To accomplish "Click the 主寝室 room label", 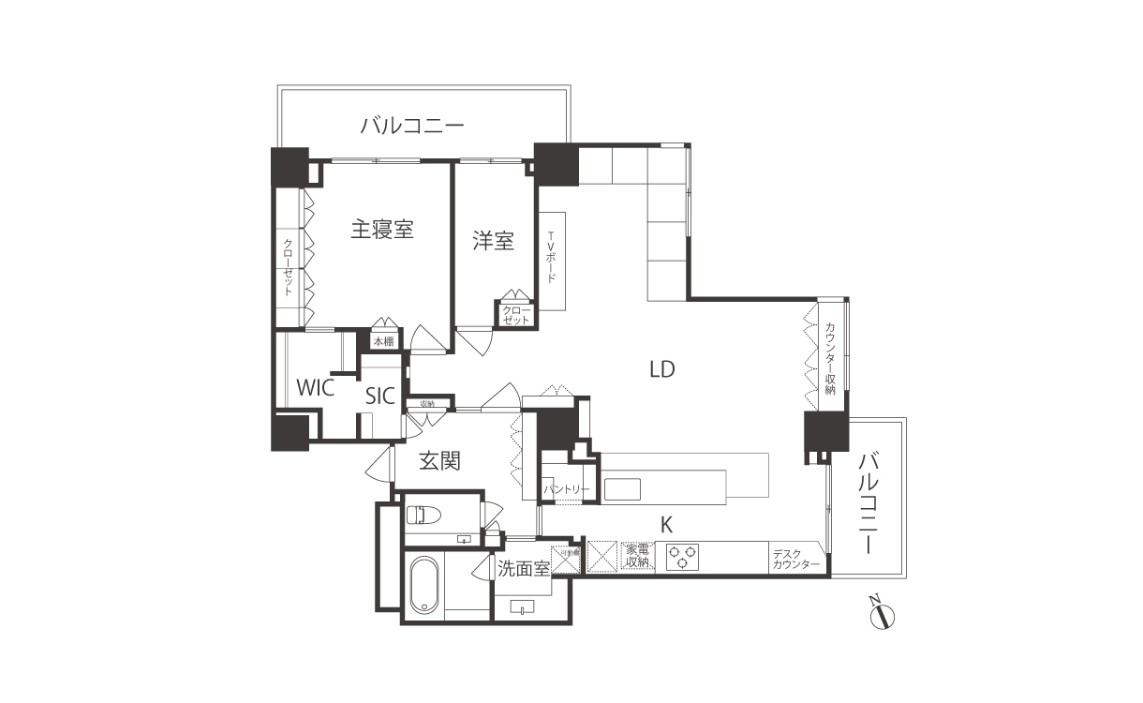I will point(382,229).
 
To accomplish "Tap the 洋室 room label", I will point(493,241).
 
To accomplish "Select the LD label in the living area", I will point(662,368).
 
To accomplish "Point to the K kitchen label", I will point(666,525).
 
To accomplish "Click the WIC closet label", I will point(315,388).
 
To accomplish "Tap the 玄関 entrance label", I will point(438,460).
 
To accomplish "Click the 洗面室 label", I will point(523,568).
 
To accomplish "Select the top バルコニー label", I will point(412,125).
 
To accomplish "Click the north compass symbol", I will point(882,616).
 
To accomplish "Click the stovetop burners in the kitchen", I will point(682,557).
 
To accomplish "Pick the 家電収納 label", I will point(637,556).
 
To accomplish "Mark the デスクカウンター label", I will point(796,560).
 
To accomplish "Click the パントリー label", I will point(566,489).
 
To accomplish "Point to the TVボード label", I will point(551,259).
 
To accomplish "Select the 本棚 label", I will point(383,342).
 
